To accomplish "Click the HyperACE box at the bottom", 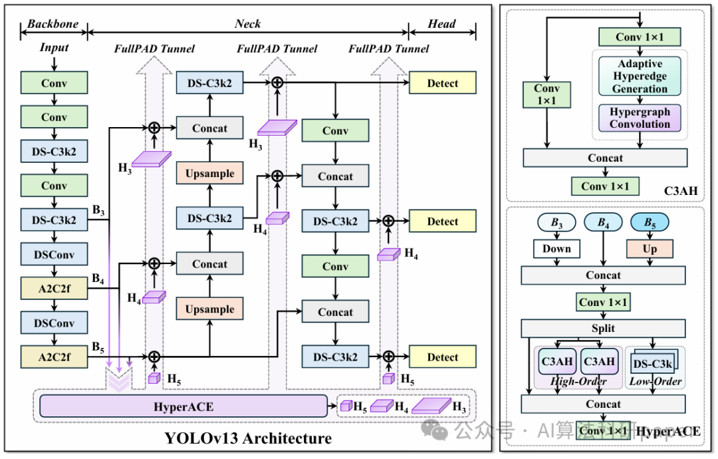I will pyautogui.click(x=183, y=406).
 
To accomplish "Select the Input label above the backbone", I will pyautogui.click(x=54, y=48).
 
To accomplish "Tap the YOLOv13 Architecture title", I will pyautogui.click(x=248, y=438).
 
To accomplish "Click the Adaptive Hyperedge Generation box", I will pyautogui.click(x=640, y=76).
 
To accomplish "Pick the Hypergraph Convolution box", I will pyautogui.click(x=640, y=118).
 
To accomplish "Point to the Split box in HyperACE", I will pyautogui.click(x=603, y=329).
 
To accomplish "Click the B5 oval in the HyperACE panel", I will pyautogui.click(x=650, y=223).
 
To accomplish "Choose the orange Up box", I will pyautogui.click(x=650, y=249).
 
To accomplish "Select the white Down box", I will pyautogui.click(x=556, y=249).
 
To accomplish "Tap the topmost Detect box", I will pyautogui.click(x=443, y=83).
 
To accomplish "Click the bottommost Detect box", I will pyautogui.click(x=443, y=357).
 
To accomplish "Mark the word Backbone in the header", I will pyautogui.click(x=53, y=24).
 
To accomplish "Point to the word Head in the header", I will pyautogui.click(x=442, y=24).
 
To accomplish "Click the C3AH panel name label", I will pyautogui.click(x=681, y=192).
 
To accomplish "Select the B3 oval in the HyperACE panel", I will pyautogui.click(x=556, y=223).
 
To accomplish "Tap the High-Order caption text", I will pyautogui.click(x=578, y=381).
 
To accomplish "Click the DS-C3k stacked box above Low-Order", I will pyautogui.click(x=654, y=363).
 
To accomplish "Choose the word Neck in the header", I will pyautogui.click(x=247, y=24).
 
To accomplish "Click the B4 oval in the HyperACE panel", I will pyautogui.click(x=603, y=223).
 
